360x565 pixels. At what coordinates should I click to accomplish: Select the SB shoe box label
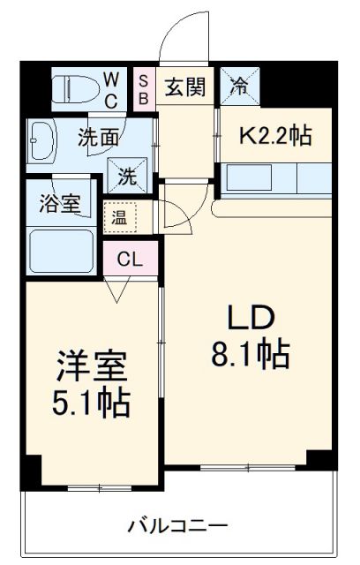click(144, 88)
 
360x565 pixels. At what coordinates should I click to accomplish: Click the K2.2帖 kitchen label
click(276, 135)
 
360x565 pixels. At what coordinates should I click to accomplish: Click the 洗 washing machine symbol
click(126, 174)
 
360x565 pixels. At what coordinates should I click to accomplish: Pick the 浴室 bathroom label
click(60, 203)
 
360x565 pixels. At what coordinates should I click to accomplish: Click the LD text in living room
click(253, 319)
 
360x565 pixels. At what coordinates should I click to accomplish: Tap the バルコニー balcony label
click(177, 527)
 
